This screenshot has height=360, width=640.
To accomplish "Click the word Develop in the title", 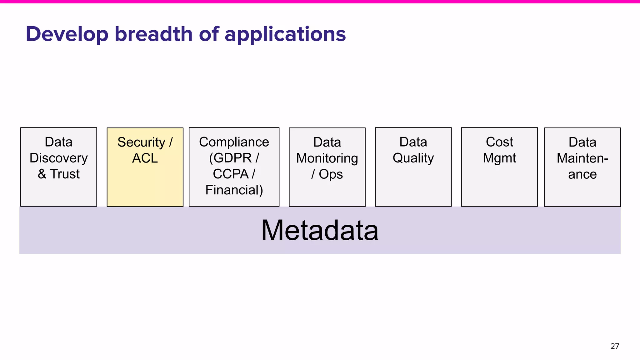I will coord(67,34).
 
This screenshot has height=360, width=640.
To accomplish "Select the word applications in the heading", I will coord(285,34).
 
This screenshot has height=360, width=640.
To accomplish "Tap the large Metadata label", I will coord(320,230).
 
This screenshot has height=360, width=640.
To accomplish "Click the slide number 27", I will coord(614,346).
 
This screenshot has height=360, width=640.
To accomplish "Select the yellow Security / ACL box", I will coord(145,184).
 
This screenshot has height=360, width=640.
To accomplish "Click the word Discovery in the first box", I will coord(59,158).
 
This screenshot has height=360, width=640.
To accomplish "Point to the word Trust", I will coord(65,174).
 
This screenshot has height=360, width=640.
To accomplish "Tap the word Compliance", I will coord(234,142).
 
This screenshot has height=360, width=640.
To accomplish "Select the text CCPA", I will coord(231,174).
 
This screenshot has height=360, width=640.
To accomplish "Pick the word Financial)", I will coord(234,190).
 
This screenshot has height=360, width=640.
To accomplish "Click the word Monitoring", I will coord(327,158).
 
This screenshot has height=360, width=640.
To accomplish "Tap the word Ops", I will coord(331,174).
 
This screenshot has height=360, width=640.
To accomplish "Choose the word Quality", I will coord(413,158).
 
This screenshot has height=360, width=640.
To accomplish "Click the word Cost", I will coord(499,142).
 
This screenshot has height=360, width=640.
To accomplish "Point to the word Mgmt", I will coord(499,158).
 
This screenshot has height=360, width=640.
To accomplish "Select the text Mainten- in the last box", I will coord(582,158).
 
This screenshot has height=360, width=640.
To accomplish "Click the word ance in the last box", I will coord(582,174).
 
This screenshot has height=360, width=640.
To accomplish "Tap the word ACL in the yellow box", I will coord(145,158).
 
